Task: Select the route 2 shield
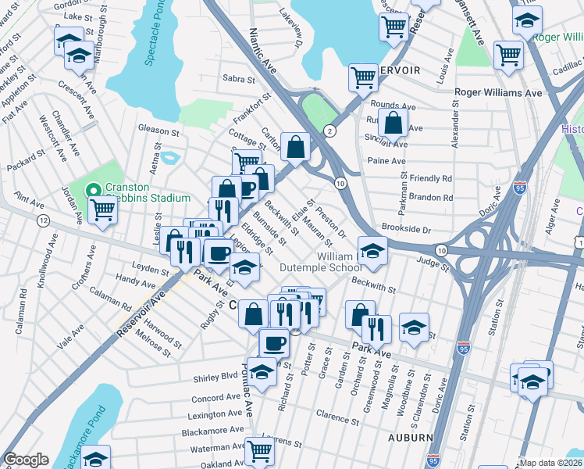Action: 330,131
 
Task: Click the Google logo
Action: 26,460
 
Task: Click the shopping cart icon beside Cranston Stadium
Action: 102,209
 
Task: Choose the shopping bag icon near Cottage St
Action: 296,145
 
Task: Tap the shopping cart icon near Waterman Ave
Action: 258,450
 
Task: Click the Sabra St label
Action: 239,79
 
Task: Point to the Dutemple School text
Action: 321,267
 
